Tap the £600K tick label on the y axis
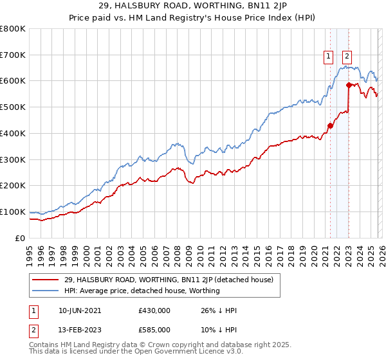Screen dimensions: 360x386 tap(12, 81)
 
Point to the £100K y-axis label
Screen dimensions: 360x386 tap(12, 212)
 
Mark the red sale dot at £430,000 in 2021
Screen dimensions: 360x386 tap(330, 126)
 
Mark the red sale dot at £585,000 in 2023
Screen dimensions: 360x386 tap(349, 85)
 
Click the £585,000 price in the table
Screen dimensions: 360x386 tap(154, 330)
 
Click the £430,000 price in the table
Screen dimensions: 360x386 tap(154, 310)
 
